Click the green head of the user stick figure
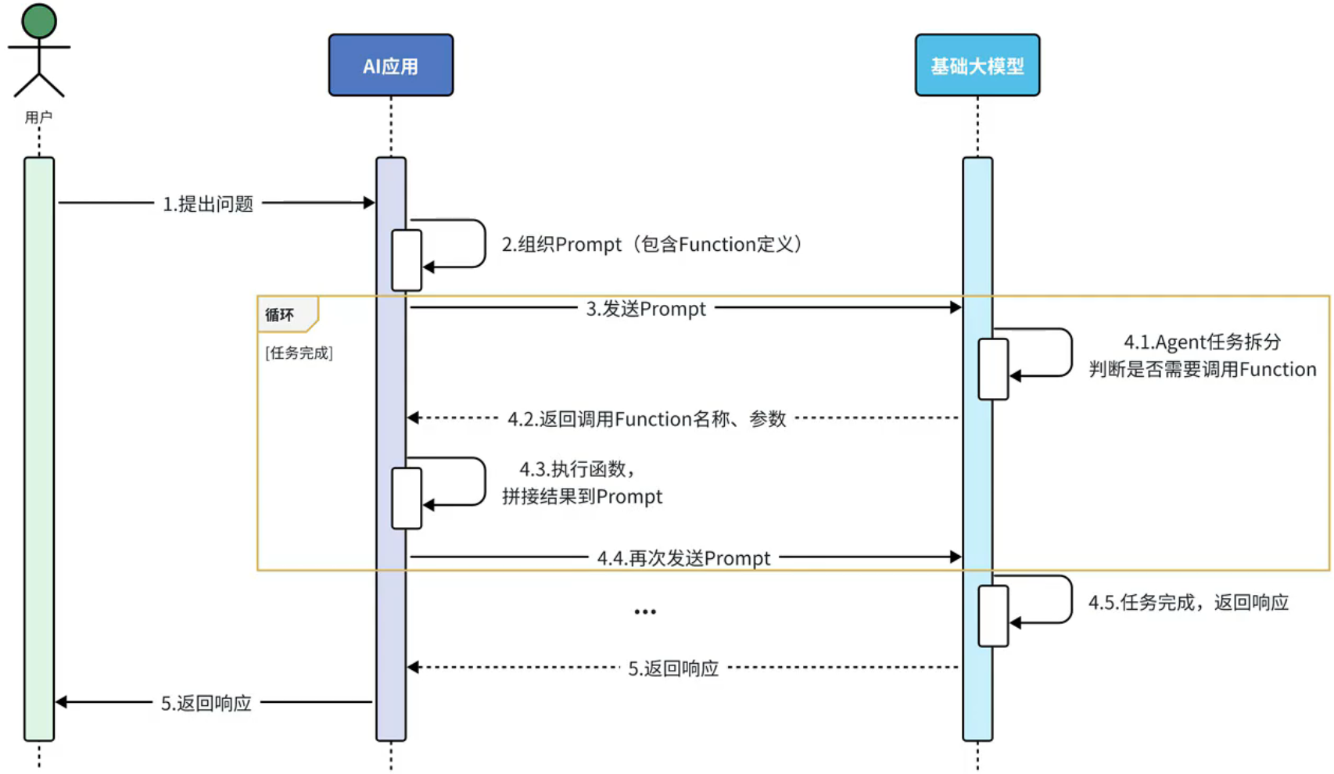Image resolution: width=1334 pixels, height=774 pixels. click(38, 21)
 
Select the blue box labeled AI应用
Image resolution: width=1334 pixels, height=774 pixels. click(390, 66)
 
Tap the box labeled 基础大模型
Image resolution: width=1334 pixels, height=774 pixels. click(977, 66)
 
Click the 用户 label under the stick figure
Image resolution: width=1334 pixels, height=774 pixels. click(38, 117)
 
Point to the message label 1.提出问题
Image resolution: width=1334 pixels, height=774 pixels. click(208, 204)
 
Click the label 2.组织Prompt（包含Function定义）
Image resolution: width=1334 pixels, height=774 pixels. click(651, 245)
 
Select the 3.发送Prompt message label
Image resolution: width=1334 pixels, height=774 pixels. click(646, 309)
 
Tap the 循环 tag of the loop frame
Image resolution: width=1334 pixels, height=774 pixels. click(280, 315)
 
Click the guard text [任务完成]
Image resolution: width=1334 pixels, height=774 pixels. click(299, 353)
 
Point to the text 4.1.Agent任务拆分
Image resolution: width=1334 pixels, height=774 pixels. click(1202, 342)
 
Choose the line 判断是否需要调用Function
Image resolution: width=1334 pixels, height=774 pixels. click(1202, 369)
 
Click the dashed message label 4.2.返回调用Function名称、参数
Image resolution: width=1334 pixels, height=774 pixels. click(647, 419)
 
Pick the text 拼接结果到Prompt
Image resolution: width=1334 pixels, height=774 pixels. click(582, 496)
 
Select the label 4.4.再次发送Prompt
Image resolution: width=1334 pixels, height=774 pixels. click(683, 558)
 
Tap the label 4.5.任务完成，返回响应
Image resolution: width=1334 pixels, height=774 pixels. click(1188, 603)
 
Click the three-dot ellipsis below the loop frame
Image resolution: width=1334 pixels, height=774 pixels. click(645, 611)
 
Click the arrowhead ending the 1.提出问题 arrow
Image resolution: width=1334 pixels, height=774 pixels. click(369, 203)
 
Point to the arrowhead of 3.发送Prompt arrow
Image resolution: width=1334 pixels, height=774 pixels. click(956, 308)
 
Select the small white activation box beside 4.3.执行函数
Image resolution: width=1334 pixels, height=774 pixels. click(407, 498)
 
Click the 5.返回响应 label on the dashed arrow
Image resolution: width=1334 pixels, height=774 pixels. click(673, 668)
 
